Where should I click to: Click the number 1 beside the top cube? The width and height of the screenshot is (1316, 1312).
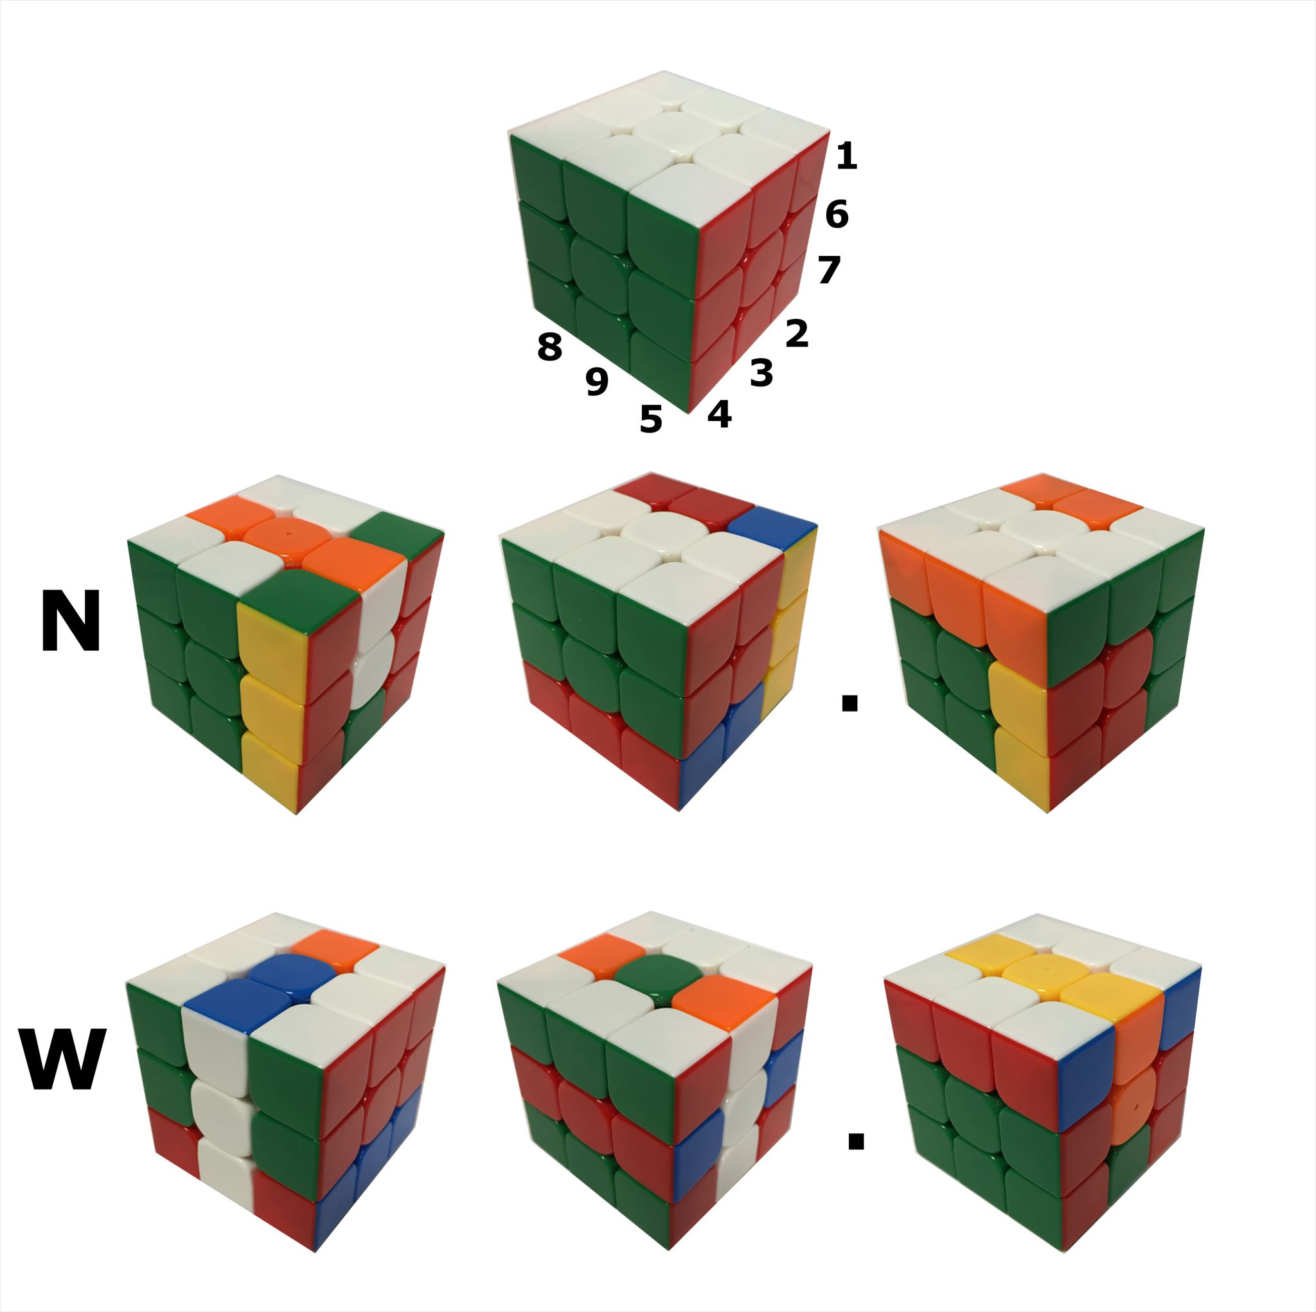[x=846, y=156]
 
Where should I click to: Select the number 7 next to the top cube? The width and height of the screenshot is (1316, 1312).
[x=829, y=270]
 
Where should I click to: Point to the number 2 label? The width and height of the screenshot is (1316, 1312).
[x=797, y=333]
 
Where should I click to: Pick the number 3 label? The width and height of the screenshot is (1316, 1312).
[x=761, y=373]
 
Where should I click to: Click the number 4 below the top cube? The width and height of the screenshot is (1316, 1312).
[x=720, y=414]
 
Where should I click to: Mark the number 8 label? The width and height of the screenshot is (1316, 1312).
[x=549, y=346]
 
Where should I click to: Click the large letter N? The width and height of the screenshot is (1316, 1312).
[x=71, y=621]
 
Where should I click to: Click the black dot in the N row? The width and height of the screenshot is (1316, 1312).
[x=849, y=703]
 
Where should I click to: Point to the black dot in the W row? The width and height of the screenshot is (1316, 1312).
[x=855, y=1140]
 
